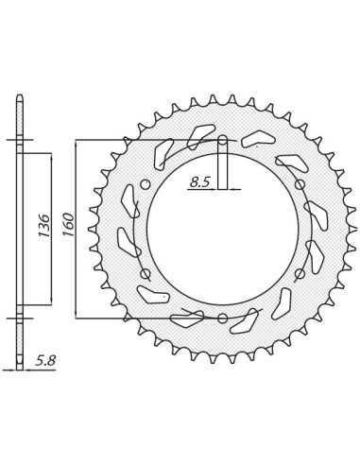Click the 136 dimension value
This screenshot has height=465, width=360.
click(43, 226)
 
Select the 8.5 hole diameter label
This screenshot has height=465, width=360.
click(199, 182)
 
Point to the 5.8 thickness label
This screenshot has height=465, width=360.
click(45, 361)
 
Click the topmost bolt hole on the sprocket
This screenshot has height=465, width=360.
click(223, 140)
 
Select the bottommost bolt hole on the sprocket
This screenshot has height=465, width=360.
click(223, 318)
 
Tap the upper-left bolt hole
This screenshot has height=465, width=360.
click(146, 184)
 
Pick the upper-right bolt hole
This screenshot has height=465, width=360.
click(300, 184)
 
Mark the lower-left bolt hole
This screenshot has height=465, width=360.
click(146, 273)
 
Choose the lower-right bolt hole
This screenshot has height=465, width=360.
click(300, 273)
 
